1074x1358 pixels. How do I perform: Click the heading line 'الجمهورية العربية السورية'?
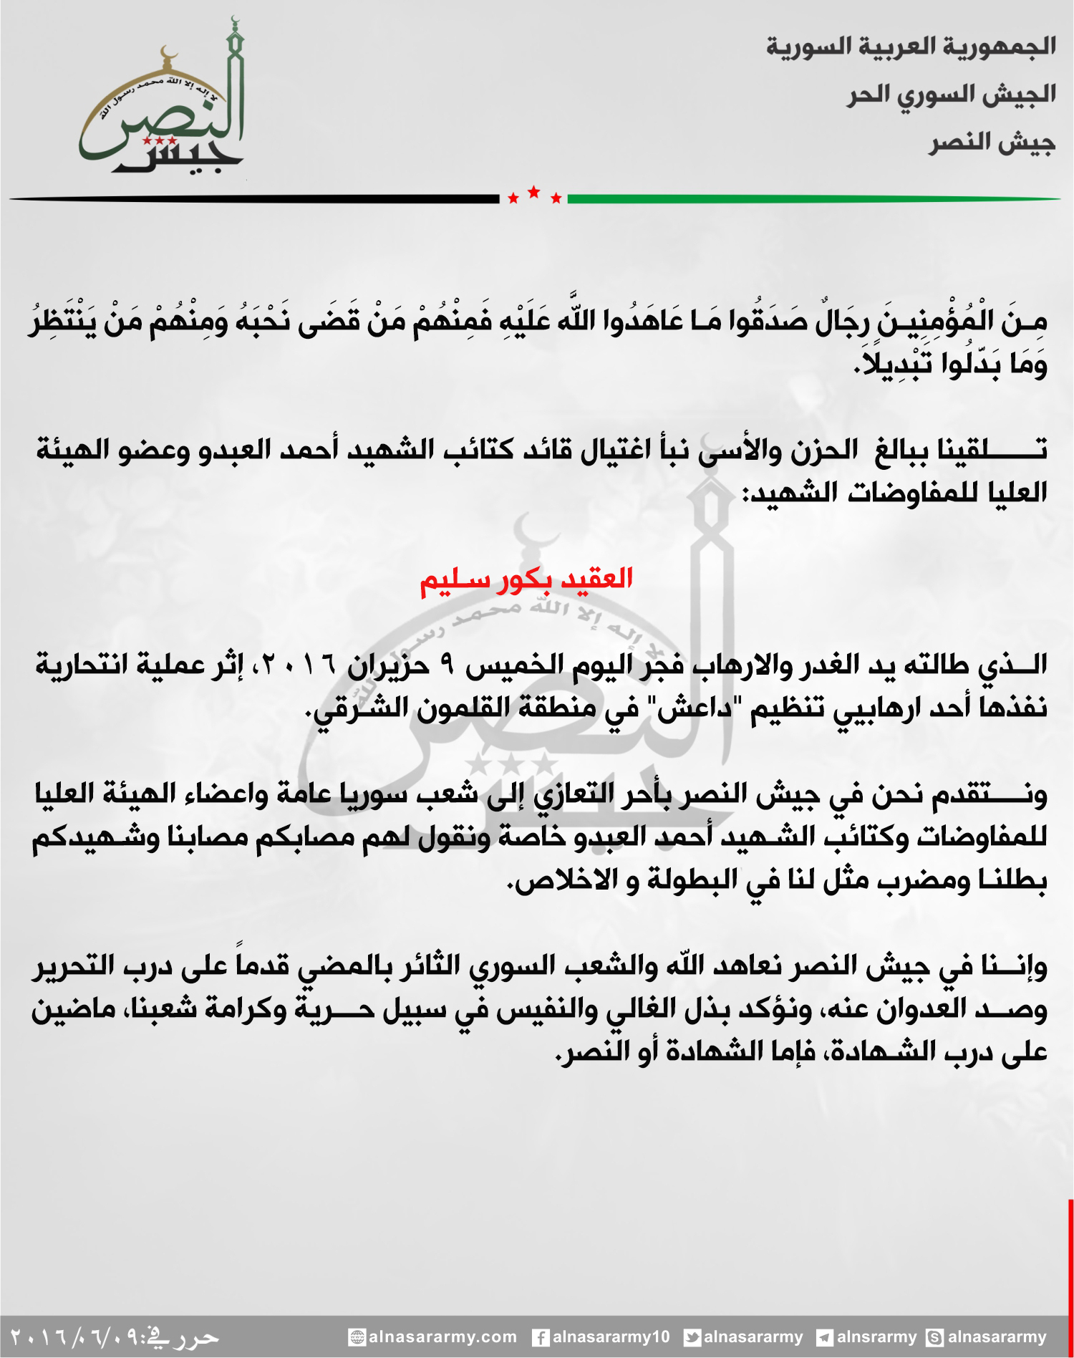pyautogui.click(x=911, y=47)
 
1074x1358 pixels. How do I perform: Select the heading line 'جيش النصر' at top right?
pyautogui.click(x=992, y=143)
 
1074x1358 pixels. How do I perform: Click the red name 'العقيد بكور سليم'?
pyautogui.click(x=526, y=579)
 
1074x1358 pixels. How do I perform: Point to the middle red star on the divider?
pyautogui.click(x=534, y=192)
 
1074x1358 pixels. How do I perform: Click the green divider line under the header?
pyautogui.click(x=813, y=199)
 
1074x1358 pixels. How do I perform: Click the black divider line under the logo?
pyautogui.click(x=254, y=199)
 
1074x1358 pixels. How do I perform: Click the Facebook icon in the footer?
pyautogui.click(x=541, y=1337)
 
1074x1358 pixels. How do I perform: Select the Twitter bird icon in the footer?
pyautogui.click(x=692, y=1337)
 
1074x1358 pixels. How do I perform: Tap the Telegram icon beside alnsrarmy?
pyautogui.click(x=825, y=1337)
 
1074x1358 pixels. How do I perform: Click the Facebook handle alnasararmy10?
pyautogui.click(x=611, y=1337)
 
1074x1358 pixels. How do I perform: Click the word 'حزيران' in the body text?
pyautogui.click(x=388, y=666)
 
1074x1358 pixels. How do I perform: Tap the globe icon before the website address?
pyautogui.click(x=357, y=1337)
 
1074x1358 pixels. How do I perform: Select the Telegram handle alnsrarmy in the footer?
pyautogui.click(x=876, y=1337)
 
